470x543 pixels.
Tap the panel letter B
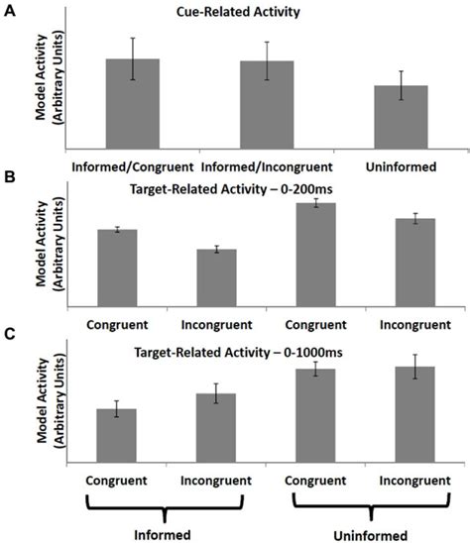click(9, 177)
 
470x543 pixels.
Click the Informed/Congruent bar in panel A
click(133, 104)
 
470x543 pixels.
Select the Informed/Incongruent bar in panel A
click(267, 105)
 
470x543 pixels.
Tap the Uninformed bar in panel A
click(402, 117)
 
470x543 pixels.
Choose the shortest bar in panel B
click(216, 276)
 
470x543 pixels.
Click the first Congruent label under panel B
click(117, 323)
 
